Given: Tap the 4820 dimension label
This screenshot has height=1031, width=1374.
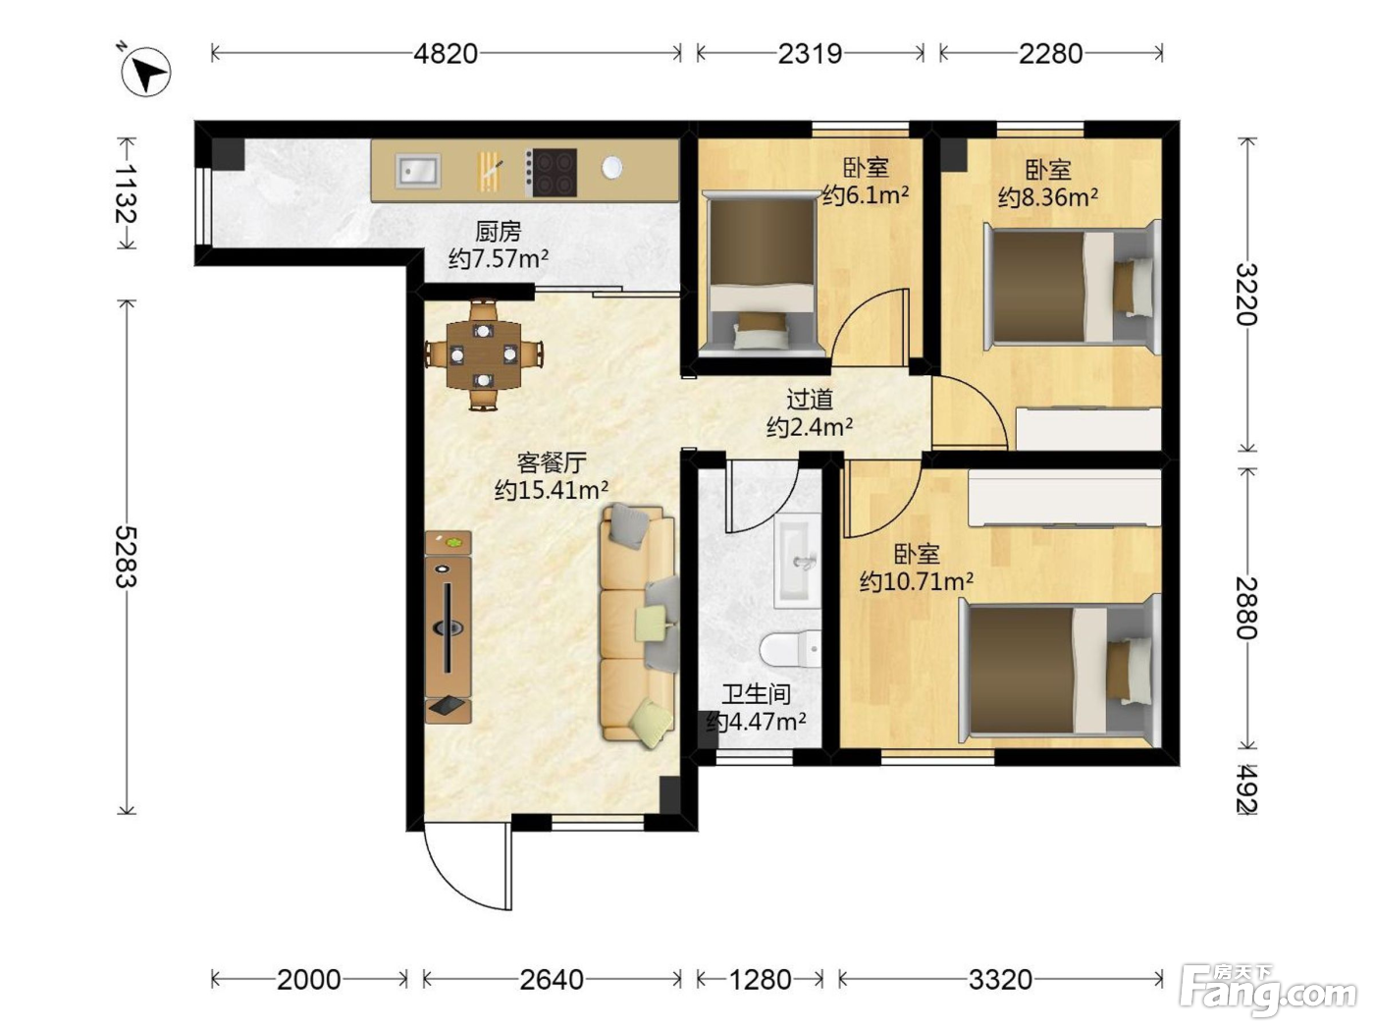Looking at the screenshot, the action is (x=446, y=54).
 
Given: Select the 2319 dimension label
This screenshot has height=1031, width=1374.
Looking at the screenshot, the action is (x=810, y=54).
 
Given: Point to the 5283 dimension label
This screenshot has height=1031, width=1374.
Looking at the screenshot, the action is (x=126, y=557).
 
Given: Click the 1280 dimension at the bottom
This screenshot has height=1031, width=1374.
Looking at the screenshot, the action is (x=760, y=980).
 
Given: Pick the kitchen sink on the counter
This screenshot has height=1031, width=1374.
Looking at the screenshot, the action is (x=417, y=170).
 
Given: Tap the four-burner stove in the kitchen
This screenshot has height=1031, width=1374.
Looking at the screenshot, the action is (x=551, y=172).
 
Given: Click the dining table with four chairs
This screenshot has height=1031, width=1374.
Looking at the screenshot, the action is (x=484, y=354).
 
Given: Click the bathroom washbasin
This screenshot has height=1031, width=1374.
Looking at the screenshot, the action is (x=798, y=561).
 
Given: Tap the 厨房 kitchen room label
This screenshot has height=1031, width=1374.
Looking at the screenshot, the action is (x=499, y=233).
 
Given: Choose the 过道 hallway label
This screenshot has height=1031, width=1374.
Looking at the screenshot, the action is (x=810, y=400).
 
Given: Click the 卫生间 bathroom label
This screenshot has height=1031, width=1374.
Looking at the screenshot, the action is (x=756, y=694).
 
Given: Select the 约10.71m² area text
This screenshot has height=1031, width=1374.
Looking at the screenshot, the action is (x=917, y=581).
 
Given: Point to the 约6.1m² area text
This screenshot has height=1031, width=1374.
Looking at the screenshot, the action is (x=866, y=195).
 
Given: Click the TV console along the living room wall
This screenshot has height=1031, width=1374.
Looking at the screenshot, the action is (x=449, y=627).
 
